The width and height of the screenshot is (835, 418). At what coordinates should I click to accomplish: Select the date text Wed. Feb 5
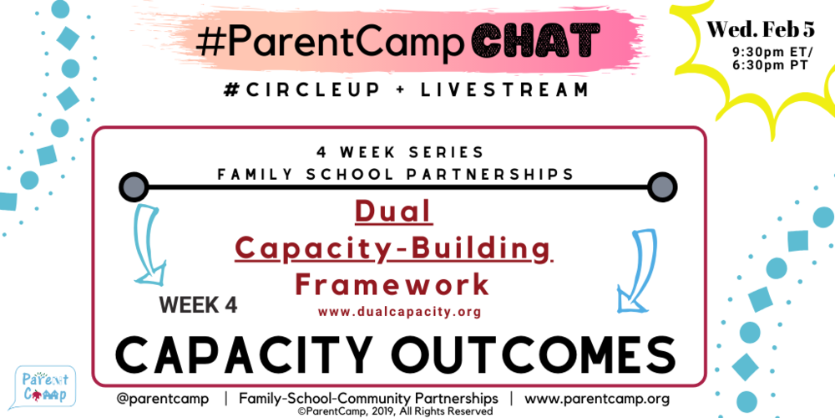pos(761,30)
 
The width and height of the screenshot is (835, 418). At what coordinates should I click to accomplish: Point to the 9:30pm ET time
pos(766,52)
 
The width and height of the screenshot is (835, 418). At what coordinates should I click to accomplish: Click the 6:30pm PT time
pos(766,66)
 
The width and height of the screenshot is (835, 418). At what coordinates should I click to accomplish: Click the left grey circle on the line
pos(133,186)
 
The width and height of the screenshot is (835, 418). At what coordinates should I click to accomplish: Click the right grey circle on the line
pos(661,186)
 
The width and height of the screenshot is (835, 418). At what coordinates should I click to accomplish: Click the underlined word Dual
pos(393,212)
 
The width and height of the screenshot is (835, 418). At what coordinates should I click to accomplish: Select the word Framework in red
pos(392,285)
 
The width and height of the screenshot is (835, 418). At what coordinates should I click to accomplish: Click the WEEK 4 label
pos(199,305)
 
